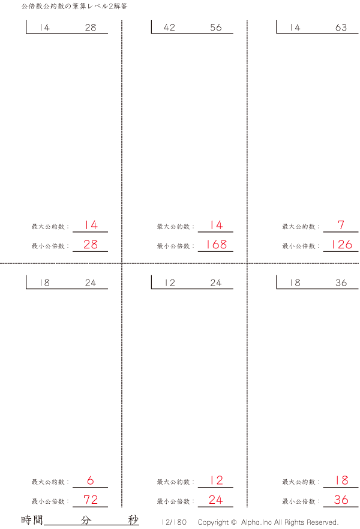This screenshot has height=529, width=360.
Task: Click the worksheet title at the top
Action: click(x=74, y=6)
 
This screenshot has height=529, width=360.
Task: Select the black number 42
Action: click(x=169, y=28)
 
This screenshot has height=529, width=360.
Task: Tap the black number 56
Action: click(x=216, y=28)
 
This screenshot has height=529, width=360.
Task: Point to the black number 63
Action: click(x=341, y=28)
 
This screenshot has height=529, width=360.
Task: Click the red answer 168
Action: click(x=216, y=244)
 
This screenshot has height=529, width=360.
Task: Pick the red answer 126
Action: click(x=342, y=244)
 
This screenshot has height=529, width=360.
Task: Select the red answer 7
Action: click(x=341, y=225)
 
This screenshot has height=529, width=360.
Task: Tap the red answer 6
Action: click(x=91, y=480)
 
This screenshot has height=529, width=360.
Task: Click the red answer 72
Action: click(x=91, y=500)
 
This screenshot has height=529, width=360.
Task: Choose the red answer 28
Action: click(x=91, y=244)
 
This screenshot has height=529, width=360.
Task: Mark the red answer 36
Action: click(x=341, y=500)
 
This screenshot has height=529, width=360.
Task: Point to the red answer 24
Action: click(x=216, y=500)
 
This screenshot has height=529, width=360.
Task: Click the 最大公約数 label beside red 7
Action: click(x=299, y=226)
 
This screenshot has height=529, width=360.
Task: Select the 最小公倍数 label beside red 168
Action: click(x=173, y=246)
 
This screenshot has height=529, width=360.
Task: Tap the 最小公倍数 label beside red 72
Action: click(x=48, y=501)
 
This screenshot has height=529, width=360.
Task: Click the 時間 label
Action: click(x=32, y=520)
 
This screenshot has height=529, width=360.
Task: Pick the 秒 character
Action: click(x=133, y=520)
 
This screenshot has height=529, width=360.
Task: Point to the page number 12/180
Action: click(x=174, y=522)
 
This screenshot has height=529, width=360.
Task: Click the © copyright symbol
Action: click(x=233, y=522)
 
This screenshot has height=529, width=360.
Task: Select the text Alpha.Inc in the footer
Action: click(x=256, y=522)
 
